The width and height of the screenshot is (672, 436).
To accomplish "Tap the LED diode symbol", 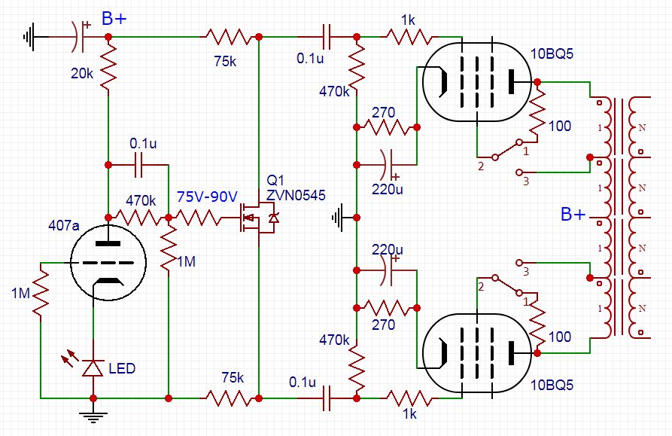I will click(93, 367).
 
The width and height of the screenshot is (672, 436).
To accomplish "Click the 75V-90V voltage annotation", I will click(207, 197).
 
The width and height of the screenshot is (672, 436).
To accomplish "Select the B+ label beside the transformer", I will click(573, 215).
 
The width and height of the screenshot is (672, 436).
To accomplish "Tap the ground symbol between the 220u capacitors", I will click(342, 218).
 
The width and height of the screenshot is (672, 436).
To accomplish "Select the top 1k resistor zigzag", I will click(409, 36).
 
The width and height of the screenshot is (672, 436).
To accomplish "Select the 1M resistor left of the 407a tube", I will click(41, 293).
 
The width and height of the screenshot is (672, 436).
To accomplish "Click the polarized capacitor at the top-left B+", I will click(78, 36).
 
